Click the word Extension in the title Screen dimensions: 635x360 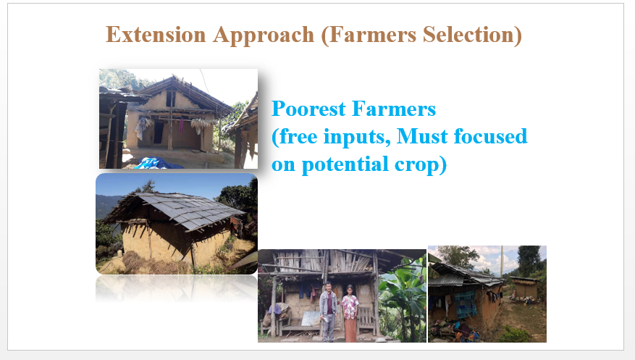pos(156,35)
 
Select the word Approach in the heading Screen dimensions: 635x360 pos(264,35)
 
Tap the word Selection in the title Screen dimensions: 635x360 pos(473,35)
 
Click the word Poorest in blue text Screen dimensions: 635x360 pos(308,109)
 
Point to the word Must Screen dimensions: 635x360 pos(422,136)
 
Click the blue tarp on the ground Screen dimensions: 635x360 pos(156,163)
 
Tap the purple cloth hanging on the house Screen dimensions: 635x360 pos(181,125)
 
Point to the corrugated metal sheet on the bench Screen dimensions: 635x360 pos(311,318)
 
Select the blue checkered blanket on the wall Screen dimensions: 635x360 pos(466,304)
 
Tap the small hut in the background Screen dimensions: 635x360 pos(524,288)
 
